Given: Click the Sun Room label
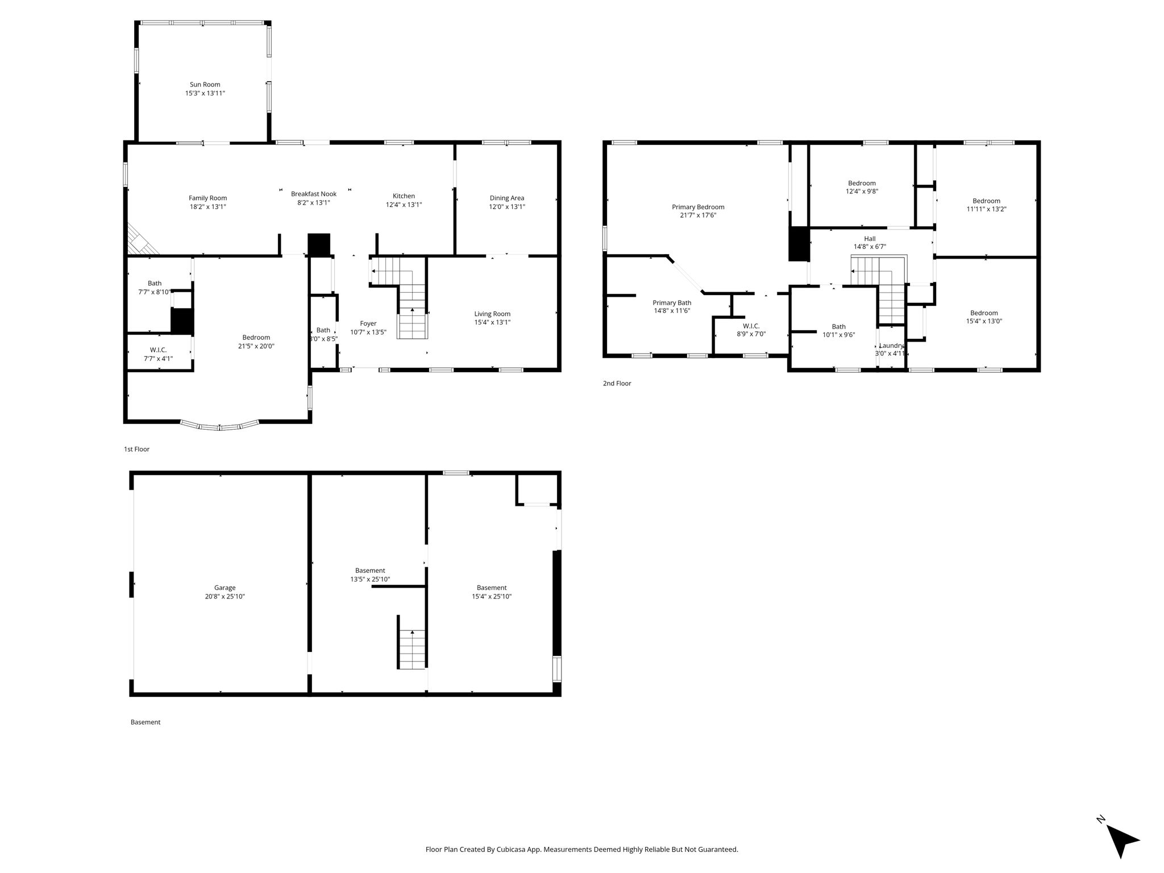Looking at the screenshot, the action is pos(205,85).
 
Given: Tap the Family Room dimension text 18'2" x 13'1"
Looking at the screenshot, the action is pos(207,207).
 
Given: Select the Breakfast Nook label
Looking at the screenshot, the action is pos(314,194).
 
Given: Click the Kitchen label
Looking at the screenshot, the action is pos(404,196).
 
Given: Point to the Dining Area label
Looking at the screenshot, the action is pos(507,198).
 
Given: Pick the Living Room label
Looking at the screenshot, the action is pos(492,314).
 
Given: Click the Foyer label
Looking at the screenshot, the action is pos(368,324).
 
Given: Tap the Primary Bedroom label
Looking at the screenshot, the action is pos(698,207).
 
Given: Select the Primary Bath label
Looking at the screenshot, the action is pos(672,303).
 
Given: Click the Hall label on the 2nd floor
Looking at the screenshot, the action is pos(870,239).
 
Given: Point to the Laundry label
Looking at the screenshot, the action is pos(891,346).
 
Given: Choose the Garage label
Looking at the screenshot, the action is pos(225,588).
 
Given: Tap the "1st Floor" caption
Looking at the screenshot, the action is pos(136,449).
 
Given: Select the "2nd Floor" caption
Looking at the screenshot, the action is pos(617,383).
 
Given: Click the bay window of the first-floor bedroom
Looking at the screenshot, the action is pos(219,426).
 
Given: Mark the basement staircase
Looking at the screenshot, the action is pos(412,649).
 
